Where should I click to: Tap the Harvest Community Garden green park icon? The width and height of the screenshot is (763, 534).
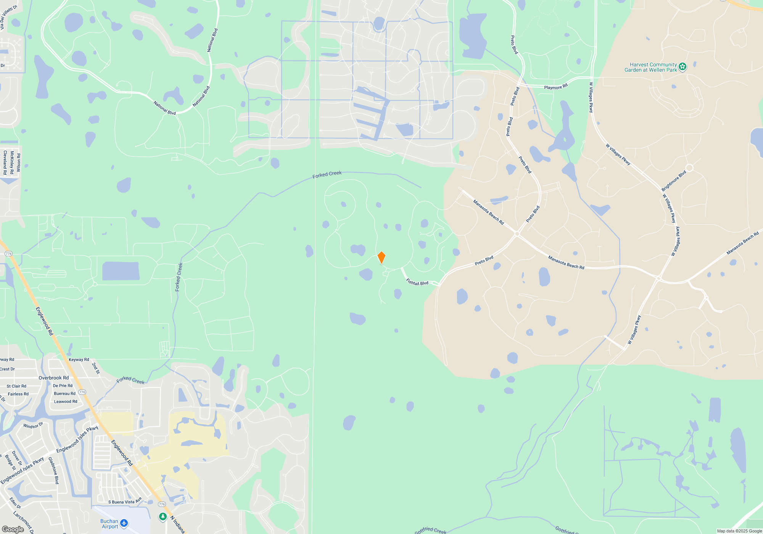[x=683, y=67]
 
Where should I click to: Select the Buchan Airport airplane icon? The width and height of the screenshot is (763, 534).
[x=124, y=523]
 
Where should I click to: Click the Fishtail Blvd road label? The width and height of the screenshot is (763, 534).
[x=417, y=282]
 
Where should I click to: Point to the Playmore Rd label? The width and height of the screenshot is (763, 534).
[x=555, y=87]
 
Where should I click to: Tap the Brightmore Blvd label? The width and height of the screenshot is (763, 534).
[x=674, y=181]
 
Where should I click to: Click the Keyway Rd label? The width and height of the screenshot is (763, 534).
[x=79, y=360]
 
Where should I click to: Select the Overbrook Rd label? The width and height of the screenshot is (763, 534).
[x=54, y=378]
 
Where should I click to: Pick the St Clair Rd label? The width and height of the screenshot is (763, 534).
[x=16, y=386]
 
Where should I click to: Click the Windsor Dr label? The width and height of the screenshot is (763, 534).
[x=33, y=426]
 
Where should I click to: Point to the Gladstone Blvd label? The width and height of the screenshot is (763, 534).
[x=54, y=471]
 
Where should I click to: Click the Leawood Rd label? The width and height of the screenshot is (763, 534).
[x=65, y=402]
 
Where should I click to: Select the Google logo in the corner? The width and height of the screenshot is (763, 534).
[x=13, y=529]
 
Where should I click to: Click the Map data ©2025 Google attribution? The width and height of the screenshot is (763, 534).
[x=739, y=531]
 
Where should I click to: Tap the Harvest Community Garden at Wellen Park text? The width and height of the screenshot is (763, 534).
[x=651, y=68]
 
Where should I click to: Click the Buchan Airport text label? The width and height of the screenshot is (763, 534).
[x=109, y=524]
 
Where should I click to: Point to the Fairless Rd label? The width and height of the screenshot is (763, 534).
[x=18, y=394]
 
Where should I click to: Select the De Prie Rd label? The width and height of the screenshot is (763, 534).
[x=63, y=386]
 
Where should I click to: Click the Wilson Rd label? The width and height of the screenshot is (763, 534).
[x=18, y=162]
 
